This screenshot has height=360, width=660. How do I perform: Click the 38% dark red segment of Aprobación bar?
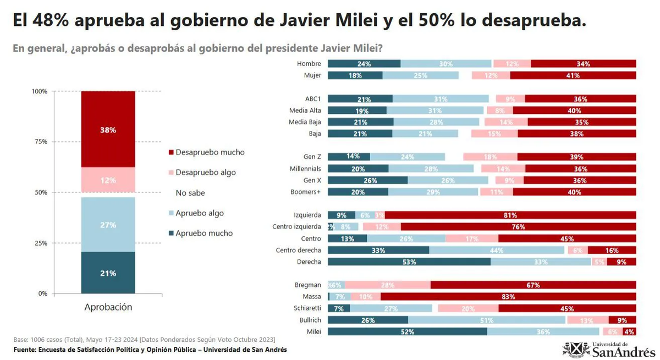[108, 129]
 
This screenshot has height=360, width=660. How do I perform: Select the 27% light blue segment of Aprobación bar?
[108, 224]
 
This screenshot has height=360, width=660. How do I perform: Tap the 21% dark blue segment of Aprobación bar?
[108, 273]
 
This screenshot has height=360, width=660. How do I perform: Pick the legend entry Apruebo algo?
[199, 213]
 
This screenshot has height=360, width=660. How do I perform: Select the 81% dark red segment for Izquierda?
[510, 215]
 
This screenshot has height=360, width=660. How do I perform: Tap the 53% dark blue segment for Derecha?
[409, 262]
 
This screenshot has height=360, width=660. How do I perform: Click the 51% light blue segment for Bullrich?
[487, 320]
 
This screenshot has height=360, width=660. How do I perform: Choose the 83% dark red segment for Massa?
[508, 297]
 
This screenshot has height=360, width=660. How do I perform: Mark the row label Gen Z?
[312, 157]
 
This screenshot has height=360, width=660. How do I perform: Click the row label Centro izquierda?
[296, 227]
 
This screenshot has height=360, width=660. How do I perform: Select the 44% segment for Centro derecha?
[497, 251]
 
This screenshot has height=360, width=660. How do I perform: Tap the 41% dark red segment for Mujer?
[573, 75]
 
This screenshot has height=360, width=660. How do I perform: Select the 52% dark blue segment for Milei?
[407, 331]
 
